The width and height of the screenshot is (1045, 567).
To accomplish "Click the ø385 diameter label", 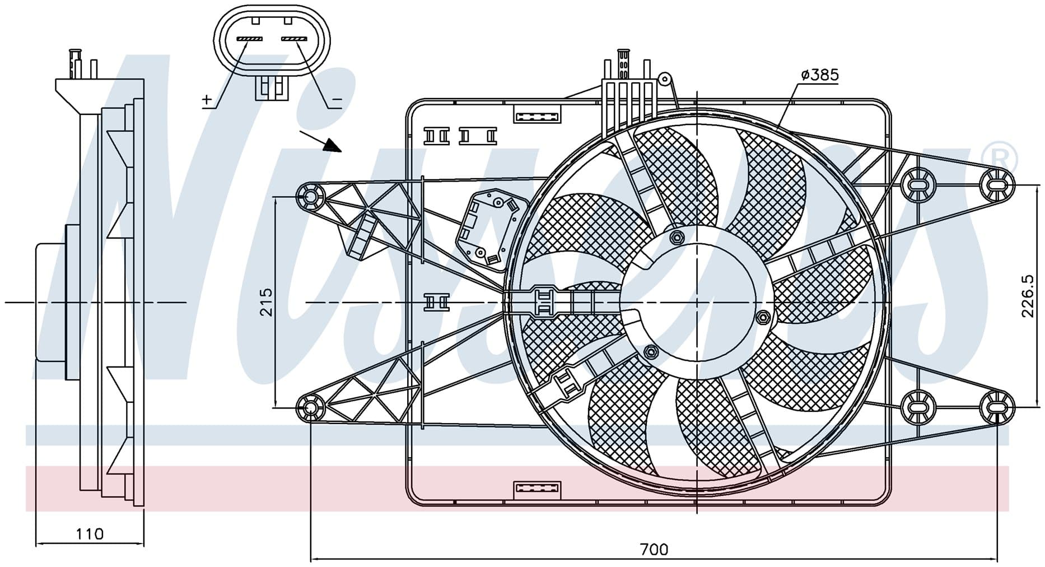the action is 819,75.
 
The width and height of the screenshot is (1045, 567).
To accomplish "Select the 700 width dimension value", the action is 654,549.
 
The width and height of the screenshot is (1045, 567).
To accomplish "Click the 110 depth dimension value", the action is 90,533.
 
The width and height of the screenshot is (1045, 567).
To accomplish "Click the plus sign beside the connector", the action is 207,100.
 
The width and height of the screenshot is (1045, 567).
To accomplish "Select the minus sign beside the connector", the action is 337,100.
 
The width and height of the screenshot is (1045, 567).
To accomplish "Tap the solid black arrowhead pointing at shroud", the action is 334,146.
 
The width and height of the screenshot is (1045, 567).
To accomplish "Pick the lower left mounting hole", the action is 310,407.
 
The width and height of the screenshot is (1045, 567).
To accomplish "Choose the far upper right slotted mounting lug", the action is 997,183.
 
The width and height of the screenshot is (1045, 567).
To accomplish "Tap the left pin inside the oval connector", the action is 249,39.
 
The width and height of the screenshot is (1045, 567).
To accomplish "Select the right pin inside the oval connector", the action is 294,39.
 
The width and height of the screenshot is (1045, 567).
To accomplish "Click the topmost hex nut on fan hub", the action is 676,237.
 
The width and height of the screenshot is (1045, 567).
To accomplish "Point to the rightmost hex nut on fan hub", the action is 762,318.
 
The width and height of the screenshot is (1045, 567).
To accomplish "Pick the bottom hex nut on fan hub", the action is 650,352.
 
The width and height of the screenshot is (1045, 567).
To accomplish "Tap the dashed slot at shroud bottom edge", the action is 537,489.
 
